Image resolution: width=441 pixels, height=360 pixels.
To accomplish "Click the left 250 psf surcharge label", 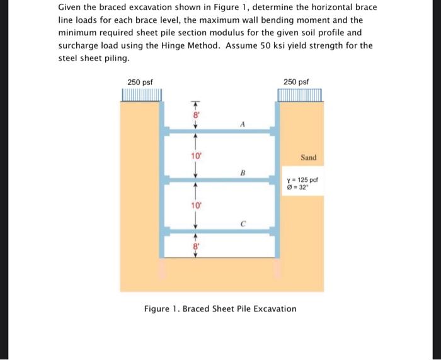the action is pos(139,82).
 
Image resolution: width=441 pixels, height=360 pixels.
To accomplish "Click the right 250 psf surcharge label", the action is pos(296,82).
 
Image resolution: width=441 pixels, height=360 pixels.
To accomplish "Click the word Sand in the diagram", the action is pos(309,157).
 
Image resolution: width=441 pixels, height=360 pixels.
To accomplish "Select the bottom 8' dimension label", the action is pos(196,247).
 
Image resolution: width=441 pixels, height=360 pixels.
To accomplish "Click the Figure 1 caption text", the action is pos(220,308).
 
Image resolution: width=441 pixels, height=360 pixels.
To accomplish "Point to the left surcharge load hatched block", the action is pos(141,95).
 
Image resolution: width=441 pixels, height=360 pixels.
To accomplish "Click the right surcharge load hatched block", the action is pos(300,95).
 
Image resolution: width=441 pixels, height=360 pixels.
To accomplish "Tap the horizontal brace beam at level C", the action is pos(220,232).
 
